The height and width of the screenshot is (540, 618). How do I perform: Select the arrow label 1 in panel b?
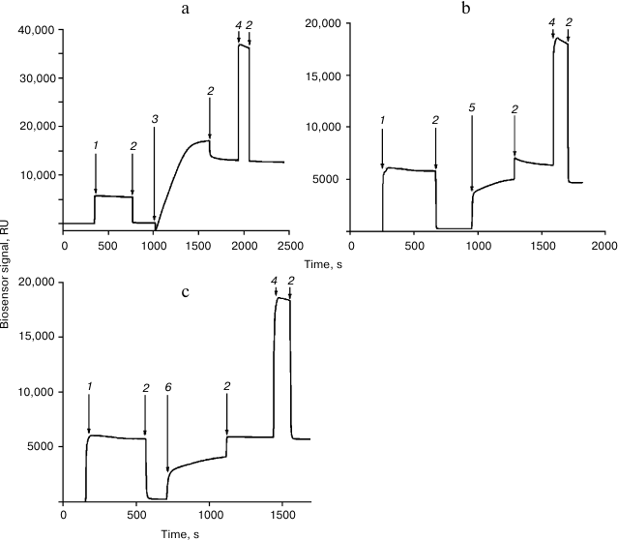pos(382,120)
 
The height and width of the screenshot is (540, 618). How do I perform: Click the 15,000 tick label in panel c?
pos(35,337)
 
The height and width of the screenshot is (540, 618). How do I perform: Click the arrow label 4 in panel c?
pos(275,282)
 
